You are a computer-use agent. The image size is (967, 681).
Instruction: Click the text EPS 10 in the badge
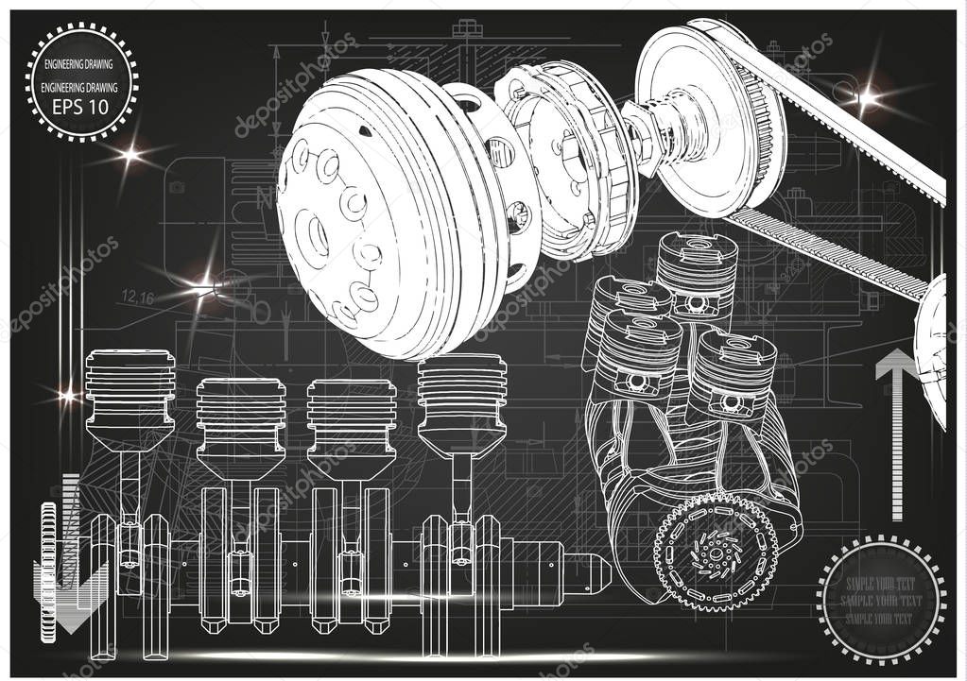click(81, 106)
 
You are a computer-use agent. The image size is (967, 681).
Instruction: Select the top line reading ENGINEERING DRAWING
click(81, 65)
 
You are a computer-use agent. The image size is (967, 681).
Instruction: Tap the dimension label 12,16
click(138, 298)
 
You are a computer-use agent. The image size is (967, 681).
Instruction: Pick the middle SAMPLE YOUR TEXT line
click(880, 601)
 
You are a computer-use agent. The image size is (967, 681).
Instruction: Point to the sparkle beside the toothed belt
click(867, 95)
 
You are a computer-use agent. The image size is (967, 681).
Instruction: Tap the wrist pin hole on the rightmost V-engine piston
click(731, 401)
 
